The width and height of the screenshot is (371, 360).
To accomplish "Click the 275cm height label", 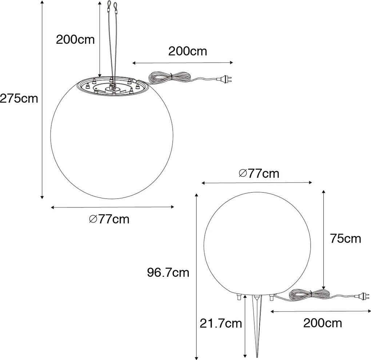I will coord(19,98).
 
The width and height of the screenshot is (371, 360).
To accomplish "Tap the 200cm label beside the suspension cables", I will coord(75,40).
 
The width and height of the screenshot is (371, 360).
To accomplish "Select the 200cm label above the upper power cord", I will coord(187,51).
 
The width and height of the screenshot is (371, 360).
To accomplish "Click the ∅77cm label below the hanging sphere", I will coord(109,219).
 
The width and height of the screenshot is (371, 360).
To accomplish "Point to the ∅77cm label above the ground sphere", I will coord(259,173).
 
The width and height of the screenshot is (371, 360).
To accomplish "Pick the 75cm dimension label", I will coord(345,239).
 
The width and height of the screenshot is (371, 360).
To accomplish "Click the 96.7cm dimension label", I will coord(168,272).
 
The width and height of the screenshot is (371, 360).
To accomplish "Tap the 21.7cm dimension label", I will coord(221,323).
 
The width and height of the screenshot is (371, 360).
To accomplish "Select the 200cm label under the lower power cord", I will coord(322,323).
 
